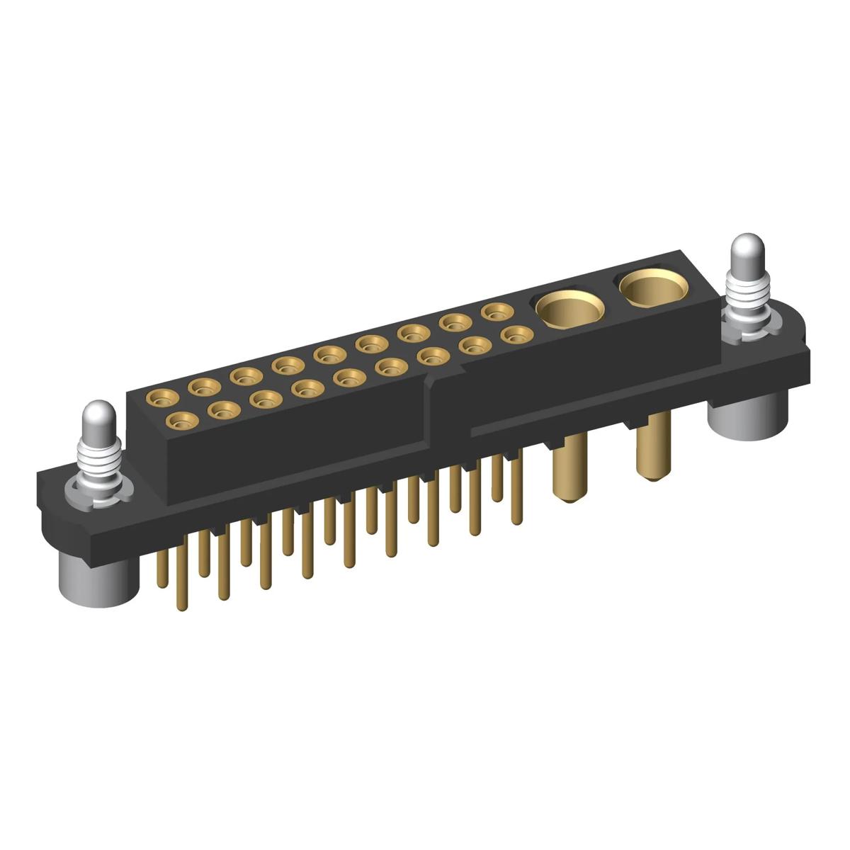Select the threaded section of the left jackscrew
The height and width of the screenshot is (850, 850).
(99, 458)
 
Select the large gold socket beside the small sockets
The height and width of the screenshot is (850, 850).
(569, 307)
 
